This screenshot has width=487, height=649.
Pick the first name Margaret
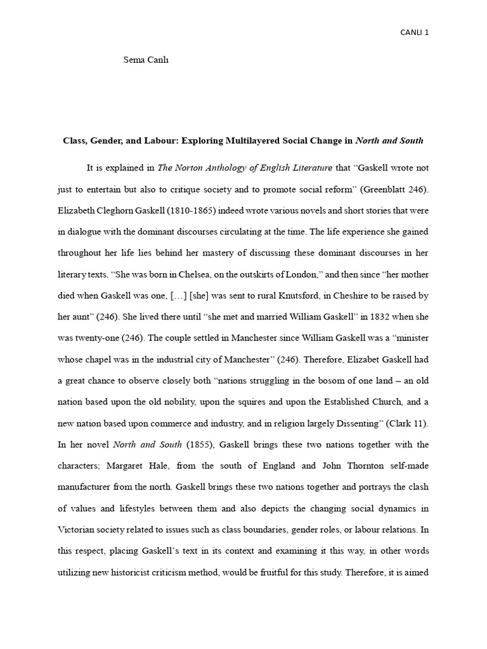click(145, 466)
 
